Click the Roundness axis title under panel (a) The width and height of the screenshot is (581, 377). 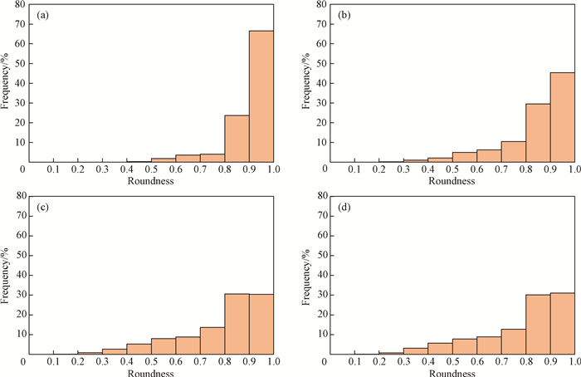click(151, 182)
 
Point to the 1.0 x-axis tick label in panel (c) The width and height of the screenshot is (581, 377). click(273, 362)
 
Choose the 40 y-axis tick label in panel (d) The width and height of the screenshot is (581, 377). click(320, 275)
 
